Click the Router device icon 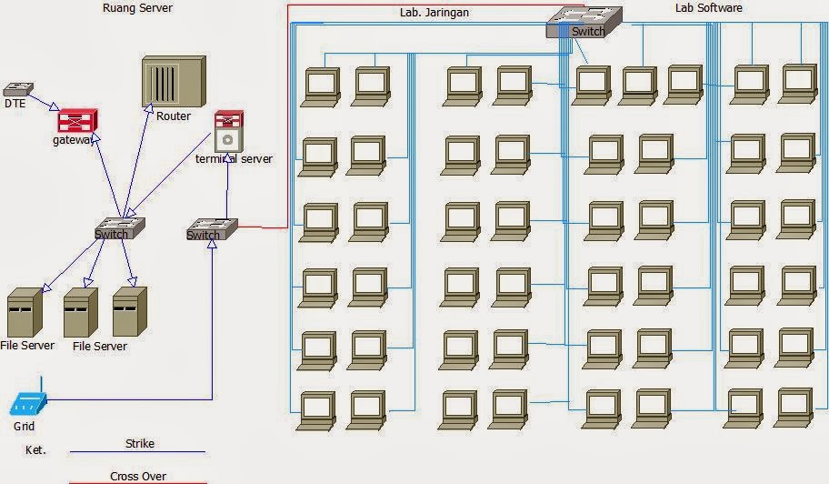pos(174,81)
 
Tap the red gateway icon pos(78,121)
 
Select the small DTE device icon pos(18,89)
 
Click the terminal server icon pos(229,131)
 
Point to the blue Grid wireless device pos(28,402)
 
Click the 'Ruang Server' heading pos(137,8)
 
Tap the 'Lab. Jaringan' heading pos(434,12)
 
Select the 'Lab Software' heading pos(708,8)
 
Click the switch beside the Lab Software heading pos(584,22)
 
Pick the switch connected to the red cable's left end pos(212,229)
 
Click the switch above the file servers pos(120,228)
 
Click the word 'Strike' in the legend pos(140,443)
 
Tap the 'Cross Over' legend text pos(138,476)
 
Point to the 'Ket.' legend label pos(35,450)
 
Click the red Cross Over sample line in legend pos(138,482)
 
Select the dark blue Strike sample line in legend pos(137,452)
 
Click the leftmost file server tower pos(25,313)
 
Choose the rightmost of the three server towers pos(130,311)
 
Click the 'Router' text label pos(174,116)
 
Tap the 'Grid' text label pos(24,426)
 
